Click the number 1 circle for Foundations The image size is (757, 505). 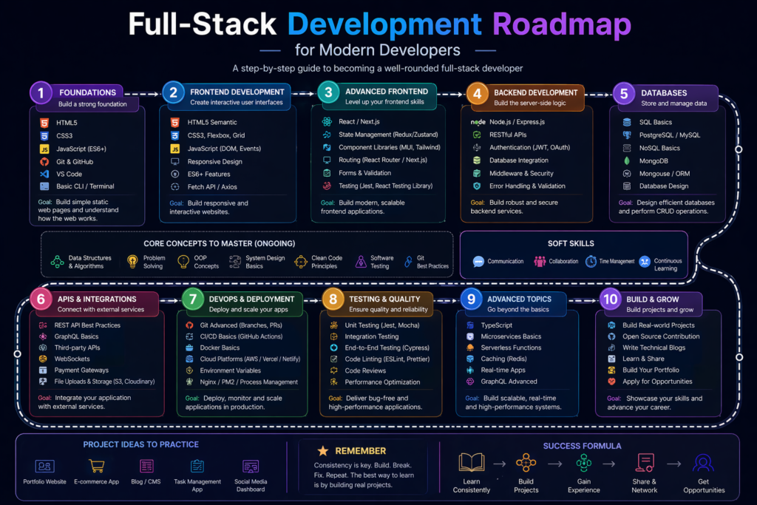[x=41, y=93]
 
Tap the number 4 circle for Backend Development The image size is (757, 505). [x=478, y=94]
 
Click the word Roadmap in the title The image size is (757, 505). [x=562, y=24]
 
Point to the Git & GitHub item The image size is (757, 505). [x=75, y=161]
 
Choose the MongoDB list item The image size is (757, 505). [x=654, y=160]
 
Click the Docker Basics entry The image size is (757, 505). [x=220, y=348]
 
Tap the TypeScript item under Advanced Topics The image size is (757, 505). [x=496, y=325]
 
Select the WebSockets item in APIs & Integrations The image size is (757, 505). [x=72, y=359]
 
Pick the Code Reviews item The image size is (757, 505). [x=365, y=370]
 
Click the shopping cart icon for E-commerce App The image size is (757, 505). [x=96, y=467]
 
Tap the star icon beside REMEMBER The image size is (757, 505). [x=322, y=450]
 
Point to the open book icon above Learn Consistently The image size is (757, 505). [x=471, y=464]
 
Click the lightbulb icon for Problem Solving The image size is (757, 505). [x=132, y=261]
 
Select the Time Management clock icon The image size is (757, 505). [x=591, y=261]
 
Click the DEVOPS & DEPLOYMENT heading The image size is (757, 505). [x=251, y=299]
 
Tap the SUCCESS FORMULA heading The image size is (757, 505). [x=582, y=446]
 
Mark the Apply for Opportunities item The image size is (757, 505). [x=657, y=382]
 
